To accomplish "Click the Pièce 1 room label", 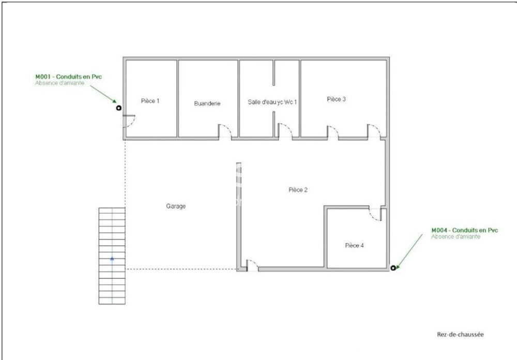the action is [x=150, y=101].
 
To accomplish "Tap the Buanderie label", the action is [x=207, y=103].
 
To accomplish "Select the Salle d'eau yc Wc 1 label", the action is [x=272, y=102].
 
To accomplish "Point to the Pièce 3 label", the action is [x=337, y=99].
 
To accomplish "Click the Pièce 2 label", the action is [x=298, y=190].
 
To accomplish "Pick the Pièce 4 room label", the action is [x=355, y=246].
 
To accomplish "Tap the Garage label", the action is [x=176, y=206].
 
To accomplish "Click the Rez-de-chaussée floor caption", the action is [x=460, y=335].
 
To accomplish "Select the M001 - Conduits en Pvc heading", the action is [x=69, y=77].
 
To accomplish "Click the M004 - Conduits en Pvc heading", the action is [x=465, y=230].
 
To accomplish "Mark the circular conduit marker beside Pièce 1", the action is [x=119, y=108].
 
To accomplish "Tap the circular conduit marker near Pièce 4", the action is [x=393, y=268].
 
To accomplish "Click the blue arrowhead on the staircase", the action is [x=112, y=259].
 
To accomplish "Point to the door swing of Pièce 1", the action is [x=132, y=123].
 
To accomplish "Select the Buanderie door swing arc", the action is [x=228, y=128].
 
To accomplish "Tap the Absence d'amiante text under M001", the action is [x=59, y=83].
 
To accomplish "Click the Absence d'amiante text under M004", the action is [x=455, y=236].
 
